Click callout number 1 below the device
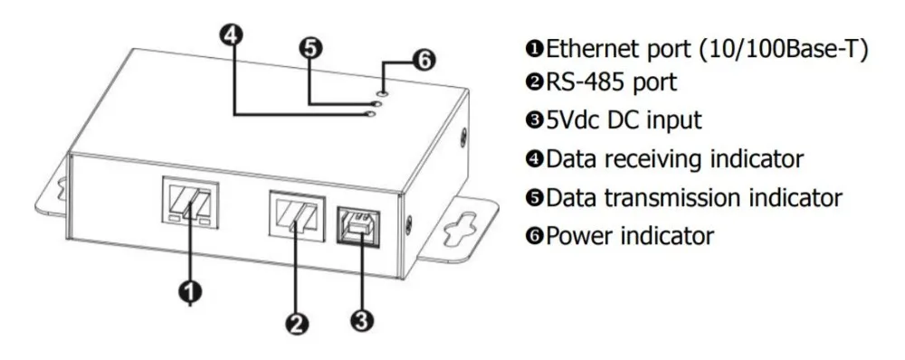[x=190, y=290]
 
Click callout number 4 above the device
[x=232, y=34]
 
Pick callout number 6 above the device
[x=423, y=61]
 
